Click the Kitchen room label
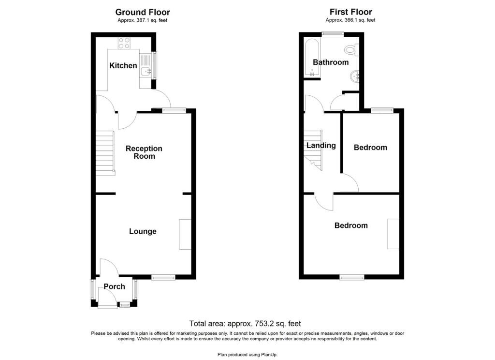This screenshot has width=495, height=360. click(123, 65)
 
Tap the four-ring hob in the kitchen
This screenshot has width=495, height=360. click(124, 43)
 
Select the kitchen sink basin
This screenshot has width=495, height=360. click(146, 72)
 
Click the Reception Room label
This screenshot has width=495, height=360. click(144, 152)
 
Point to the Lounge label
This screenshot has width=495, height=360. click(143, 231)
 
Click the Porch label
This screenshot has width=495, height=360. click(114, 286)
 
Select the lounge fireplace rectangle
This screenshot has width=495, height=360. click(185, 235)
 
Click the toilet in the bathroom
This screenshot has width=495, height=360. click(352, 50)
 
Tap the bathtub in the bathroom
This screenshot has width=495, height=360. click(312, 58)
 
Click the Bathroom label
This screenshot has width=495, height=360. click(331, 62)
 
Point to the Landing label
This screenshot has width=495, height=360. click(321, 145)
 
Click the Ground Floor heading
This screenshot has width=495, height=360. click(143, 12)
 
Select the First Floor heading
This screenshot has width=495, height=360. click(351, 12)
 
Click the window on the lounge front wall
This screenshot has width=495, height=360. click(163, 277)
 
